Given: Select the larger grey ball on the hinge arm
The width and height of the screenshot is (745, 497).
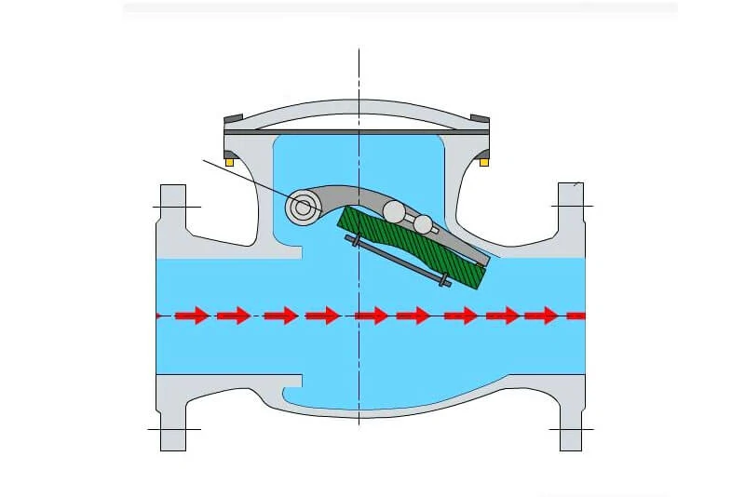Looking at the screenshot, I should pos(394,212).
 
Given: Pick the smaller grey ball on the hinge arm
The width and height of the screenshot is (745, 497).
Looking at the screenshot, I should pos(424,224).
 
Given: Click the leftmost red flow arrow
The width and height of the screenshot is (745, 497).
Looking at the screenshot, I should pos(191,316).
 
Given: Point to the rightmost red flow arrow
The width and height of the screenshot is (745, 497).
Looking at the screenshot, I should pos(541,316).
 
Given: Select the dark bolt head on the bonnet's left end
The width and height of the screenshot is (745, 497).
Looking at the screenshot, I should pos(233,118).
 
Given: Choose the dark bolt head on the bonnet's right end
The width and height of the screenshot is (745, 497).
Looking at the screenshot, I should pos(481,118).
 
